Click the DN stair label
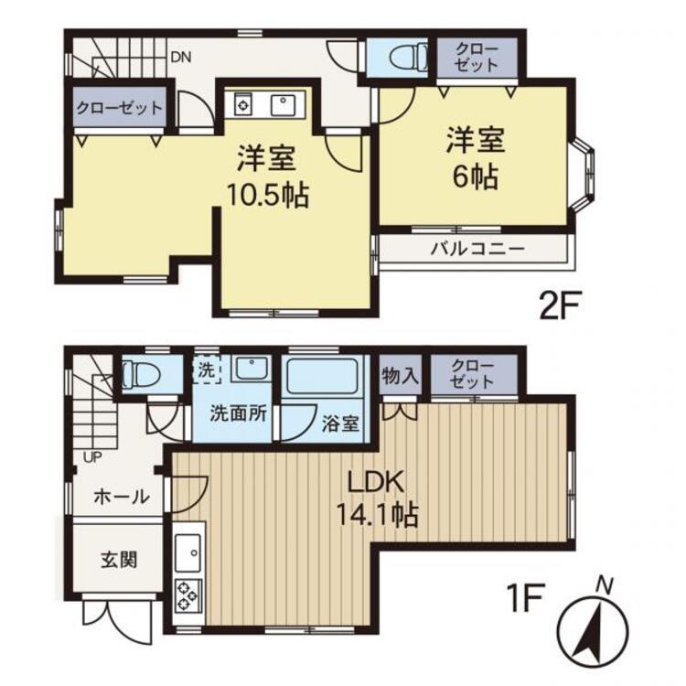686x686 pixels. click(181, 58)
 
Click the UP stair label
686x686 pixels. click(92, 457)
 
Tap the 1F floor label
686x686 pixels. click(525, 598)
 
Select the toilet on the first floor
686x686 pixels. click(140, 374)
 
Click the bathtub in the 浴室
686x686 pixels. click(322, 375)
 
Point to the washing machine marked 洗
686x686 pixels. click(207, 370)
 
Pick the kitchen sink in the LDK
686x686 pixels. click(188, 553)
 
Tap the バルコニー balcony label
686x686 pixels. click(477, 249)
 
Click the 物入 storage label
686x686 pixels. click(400, 376)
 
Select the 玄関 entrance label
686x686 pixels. click(119, 560)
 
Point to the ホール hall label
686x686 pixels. click(122, 497)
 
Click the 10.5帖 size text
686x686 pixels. click(268, 195)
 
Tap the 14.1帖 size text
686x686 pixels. click(377, 514)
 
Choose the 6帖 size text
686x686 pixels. click(476, 177)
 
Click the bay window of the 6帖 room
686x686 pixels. click(584, 175)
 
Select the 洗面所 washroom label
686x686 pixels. click(239, 413)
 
